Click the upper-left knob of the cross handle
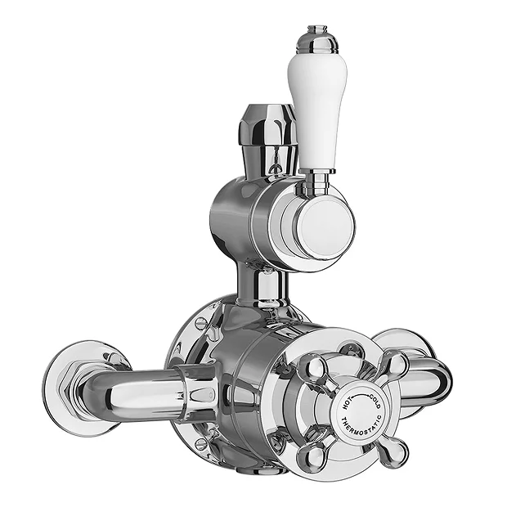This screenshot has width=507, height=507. click(315, 368)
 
